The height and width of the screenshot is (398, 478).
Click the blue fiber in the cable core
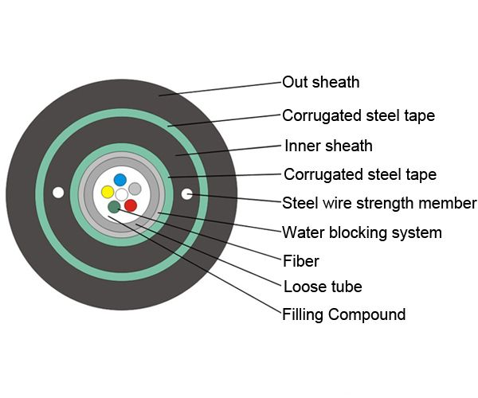120,180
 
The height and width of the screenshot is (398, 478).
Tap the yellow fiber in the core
108,192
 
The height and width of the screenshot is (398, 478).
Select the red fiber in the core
131,205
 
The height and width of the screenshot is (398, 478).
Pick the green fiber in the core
115,207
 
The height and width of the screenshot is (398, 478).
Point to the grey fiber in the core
135,189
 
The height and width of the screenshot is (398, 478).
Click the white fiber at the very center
121,194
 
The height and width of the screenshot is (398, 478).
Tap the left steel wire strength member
57,193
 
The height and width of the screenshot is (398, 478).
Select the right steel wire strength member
186,193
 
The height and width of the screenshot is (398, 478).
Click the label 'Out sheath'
321,82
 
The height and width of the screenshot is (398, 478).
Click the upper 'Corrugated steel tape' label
358,115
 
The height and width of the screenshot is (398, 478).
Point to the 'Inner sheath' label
328,146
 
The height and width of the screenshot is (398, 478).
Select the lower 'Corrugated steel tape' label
360,174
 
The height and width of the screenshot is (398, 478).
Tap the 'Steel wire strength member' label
379,203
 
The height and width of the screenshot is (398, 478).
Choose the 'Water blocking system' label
362,233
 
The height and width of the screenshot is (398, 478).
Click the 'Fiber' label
300,260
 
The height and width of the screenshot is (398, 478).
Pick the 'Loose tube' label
322,287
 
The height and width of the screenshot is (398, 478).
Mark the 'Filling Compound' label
343,314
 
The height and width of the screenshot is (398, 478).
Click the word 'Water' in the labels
303,233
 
